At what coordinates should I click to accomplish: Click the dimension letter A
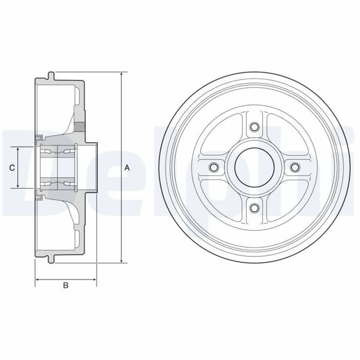(127, 168)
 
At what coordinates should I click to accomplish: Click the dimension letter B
(66, 286)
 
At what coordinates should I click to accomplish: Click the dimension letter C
(12, 168)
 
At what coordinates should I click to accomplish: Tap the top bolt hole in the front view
(254, 127)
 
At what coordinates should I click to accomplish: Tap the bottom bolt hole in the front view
(254, 208)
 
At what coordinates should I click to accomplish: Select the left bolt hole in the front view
(214, 167)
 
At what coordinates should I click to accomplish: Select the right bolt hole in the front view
(295, 167)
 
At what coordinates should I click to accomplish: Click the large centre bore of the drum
(254, 167)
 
